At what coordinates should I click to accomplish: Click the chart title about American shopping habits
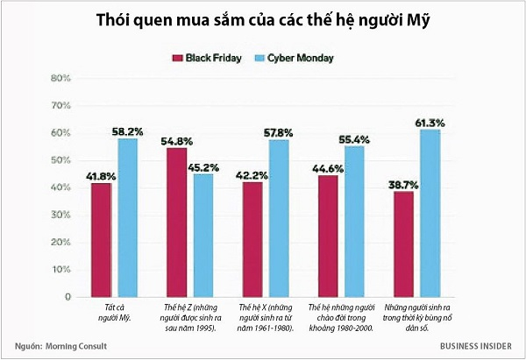262,21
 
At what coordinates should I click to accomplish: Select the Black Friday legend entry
208,58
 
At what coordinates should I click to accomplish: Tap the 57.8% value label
281,132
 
